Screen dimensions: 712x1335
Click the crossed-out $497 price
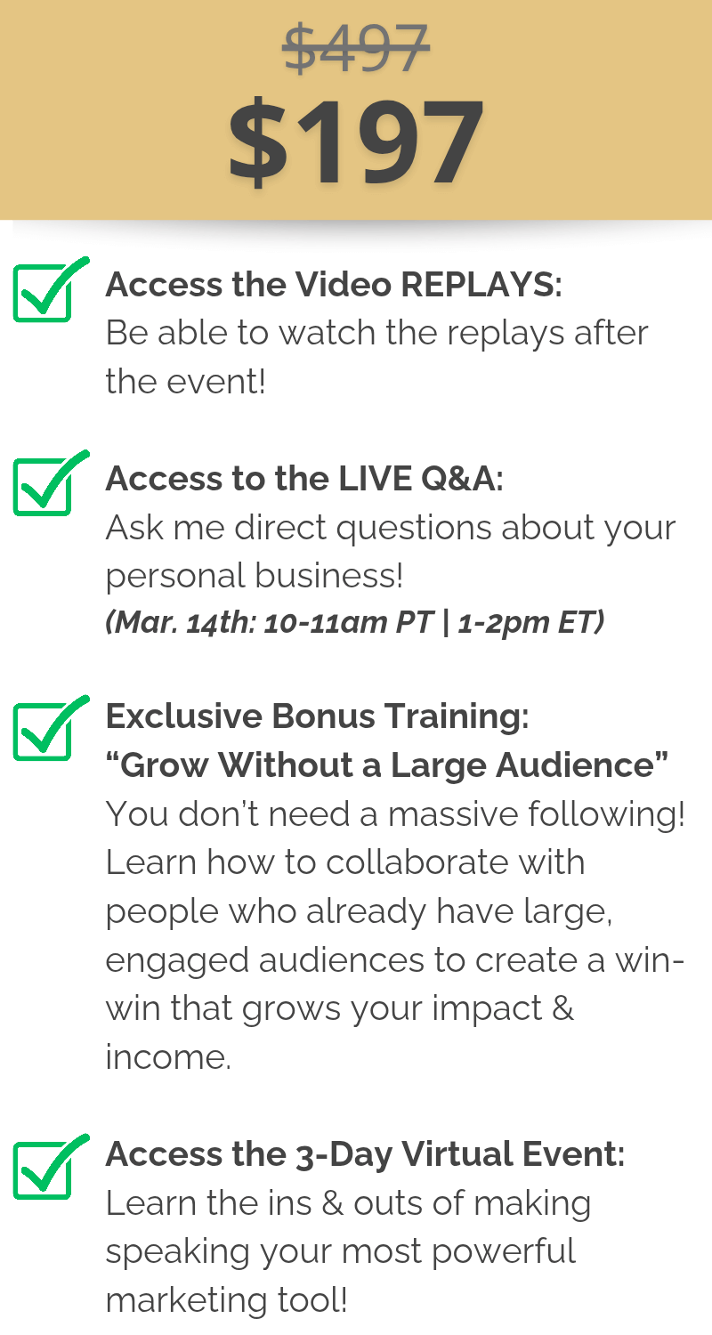point(356,48)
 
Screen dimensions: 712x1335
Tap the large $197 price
point(356,142)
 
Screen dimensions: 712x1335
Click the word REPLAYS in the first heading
point(481,284)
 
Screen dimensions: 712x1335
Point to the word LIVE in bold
point(375,479)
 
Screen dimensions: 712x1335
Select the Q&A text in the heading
point(462,479)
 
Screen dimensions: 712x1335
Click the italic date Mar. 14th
point(182,622)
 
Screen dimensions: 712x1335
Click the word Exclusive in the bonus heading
point(183,716)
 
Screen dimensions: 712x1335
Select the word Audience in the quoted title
point(575,765)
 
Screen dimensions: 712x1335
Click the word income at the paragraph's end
point(168,1057)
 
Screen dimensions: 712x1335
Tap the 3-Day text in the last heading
point(344,1155)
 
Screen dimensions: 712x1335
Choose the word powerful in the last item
point(504,1251)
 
